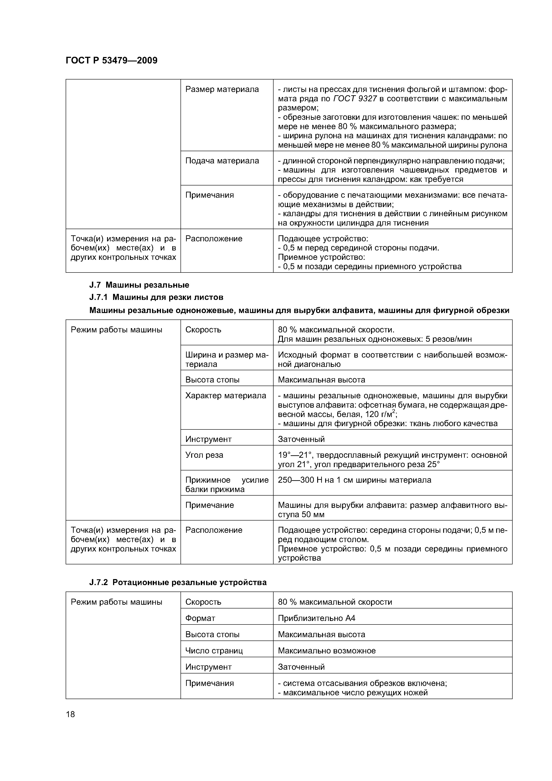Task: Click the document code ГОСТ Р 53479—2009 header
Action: pos(111,61)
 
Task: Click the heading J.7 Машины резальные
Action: pos(139,285)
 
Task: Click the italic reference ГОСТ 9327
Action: pos(355,99)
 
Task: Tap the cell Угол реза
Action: pos(204,455)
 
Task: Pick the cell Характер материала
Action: pos(225,396)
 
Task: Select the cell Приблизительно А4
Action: pos(316,618)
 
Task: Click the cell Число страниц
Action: pos(214,651)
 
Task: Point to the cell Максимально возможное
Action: pos(327,651)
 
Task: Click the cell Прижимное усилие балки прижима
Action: pos(227,484)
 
